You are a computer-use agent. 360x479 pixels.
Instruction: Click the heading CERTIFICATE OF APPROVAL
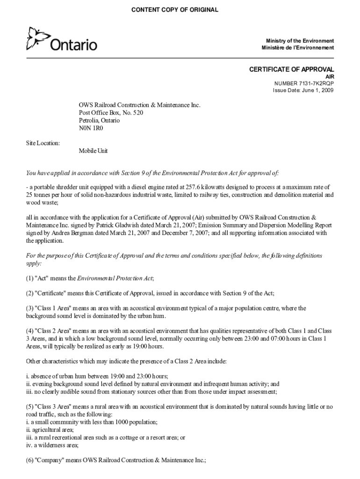(291, 70)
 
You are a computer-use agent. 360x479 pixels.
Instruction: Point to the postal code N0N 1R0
(91, 128)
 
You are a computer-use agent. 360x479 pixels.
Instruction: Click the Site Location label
(43, 143)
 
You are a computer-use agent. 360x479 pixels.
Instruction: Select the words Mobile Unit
(93, 151)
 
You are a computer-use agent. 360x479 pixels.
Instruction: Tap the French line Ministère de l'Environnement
(298, 48)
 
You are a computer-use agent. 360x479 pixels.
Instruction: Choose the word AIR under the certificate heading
(330, 77)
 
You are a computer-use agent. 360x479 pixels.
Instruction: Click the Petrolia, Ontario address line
(99, 120)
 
